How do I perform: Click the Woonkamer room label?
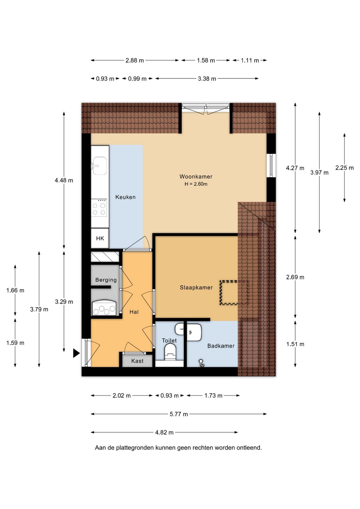coord(196,176)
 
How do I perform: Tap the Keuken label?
coord(125,197)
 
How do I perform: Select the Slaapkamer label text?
coord(196,288)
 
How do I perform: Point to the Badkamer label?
coord(221,346)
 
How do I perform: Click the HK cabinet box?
coord(100,238)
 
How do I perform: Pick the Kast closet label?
coord(137,361)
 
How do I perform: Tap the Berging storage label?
coord(106,280)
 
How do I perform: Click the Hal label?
coord(134,312)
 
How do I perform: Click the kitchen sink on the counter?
coord(99,166)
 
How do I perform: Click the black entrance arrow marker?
coord(76,353)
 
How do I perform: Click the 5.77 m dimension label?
coord(179,414)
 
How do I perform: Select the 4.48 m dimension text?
coord(64,180)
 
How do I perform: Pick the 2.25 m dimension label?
coord(344,168)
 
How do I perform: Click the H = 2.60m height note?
coord(196,184)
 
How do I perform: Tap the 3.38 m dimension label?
coord(207,79)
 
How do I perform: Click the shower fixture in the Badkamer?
coord(201,363)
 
